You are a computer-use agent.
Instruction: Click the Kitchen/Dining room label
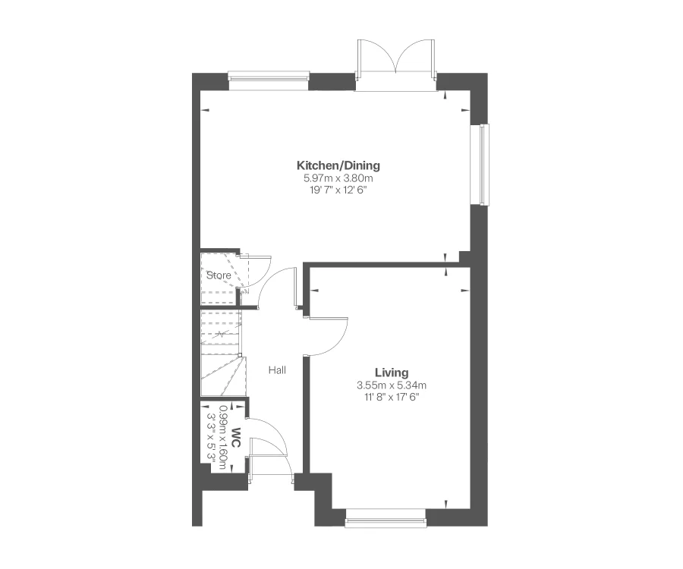click(x=338, y=165)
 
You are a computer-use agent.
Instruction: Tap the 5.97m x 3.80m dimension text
click(x=338, y=178)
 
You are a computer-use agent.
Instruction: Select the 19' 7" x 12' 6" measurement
click(x=338, y=190)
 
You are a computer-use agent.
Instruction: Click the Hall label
click(x=277, y=370)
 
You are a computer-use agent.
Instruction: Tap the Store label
click(x=219, y=275)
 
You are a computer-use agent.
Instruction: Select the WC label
click(x=236, y=438)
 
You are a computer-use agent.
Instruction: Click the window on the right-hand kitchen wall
click(x=483, y=164)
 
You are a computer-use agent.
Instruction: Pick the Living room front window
click(x=386, y=521)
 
